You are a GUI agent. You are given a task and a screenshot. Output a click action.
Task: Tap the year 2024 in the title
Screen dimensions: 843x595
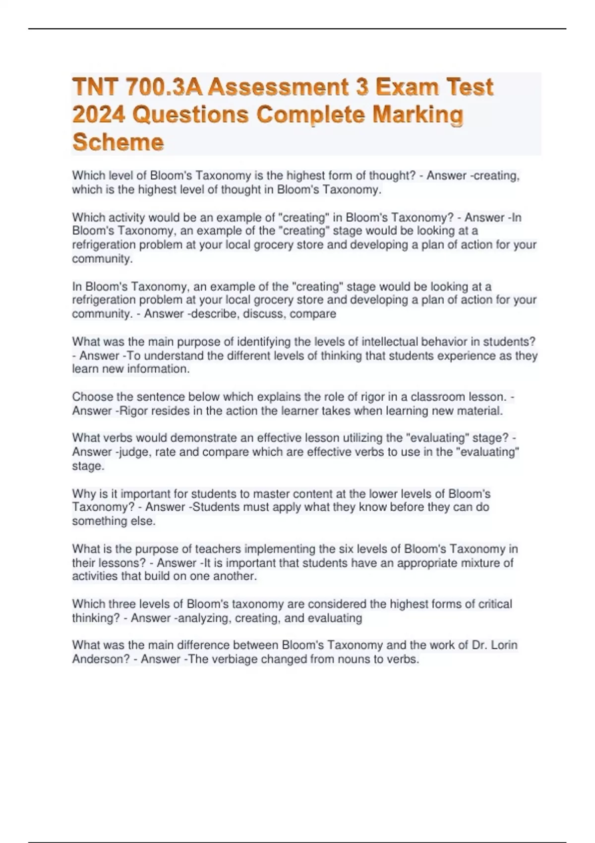pos(98,116)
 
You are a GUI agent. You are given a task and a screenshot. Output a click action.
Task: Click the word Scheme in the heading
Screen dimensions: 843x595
pos(118,142)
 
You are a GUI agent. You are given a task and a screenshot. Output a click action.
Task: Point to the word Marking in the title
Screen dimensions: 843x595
pos(417,116)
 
